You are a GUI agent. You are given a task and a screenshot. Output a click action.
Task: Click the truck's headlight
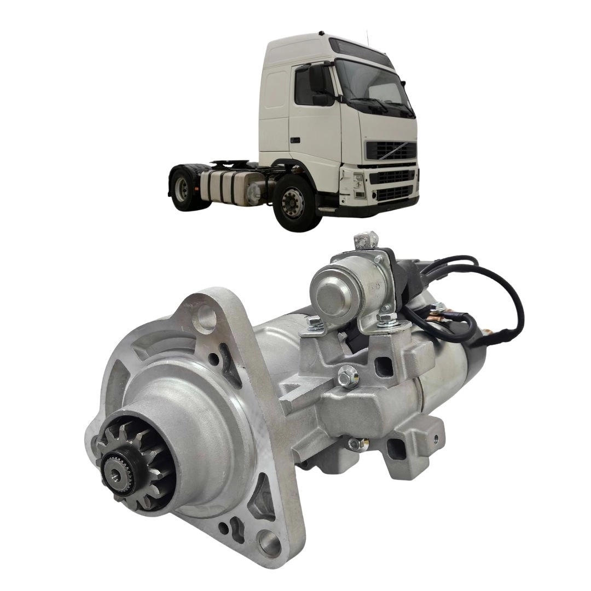(x=358, y=182)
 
